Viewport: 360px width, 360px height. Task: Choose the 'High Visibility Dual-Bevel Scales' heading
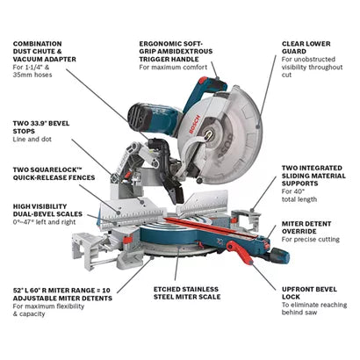[x=47, y=212]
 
